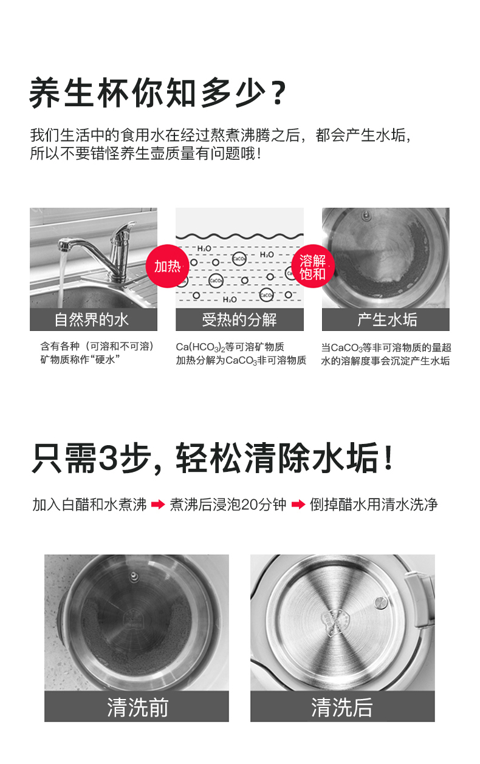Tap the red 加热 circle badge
pyautogui.click(x=166, y=266)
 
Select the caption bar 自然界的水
pyautogui.click(x=93, y=319)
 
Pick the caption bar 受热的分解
pyautogui.click(x=239, y=319)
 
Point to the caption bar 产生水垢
pyautogui.click(x=386, y=319)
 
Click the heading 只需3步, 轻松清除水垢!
pyautogui.click(x=213, y=459)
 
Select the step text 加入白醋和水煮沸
pyautogui.click(x=89, y=505)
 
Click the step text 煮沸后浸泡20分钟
pyautogui.click(x=228, y=505)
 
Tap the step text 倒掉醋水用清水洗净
pyautogui.click(x=374, y=505)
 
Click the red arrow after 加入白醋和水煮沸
pyautogui.click(x=158, y=505)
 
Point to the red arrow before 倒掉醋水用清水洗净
pyautogui.click(x=298, y=505)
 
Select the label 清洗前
pyautogui.click(x=137, y=707)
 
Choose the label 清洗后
pyautogui.click(x=342, y=707)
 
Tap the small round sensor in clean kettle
pyautogui.click(x=380, y=602)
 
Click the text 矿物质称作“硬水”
pyautogui.click(x=80, y=360)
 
